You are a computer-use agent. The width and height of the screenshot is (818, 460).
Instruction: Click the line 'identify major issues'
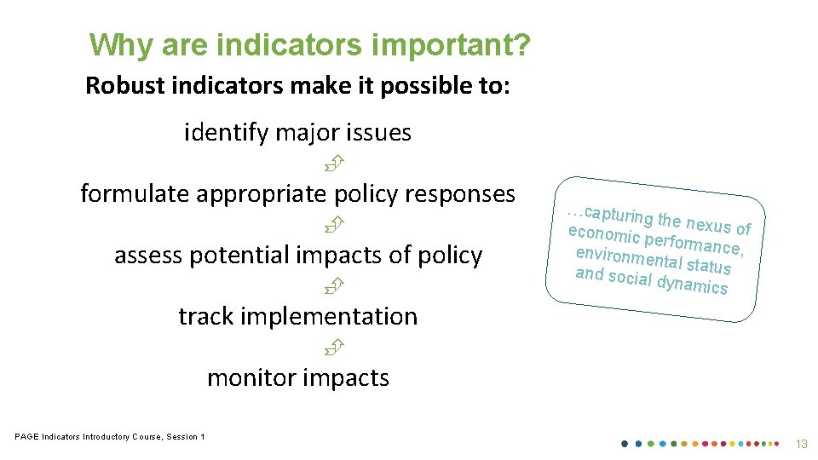point(297,133)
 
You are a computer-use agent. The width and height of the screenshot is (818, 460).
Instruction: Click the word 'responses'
point(460,194)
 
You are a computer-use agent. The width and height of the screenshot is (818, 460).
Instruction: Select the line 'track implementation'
point(297,317)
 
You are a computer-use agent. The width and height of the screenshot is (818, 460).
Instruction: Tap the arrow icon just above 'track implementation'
point(332,285)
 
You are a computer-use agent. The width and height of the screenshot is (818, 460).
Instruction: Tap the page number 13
point(801,444)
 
